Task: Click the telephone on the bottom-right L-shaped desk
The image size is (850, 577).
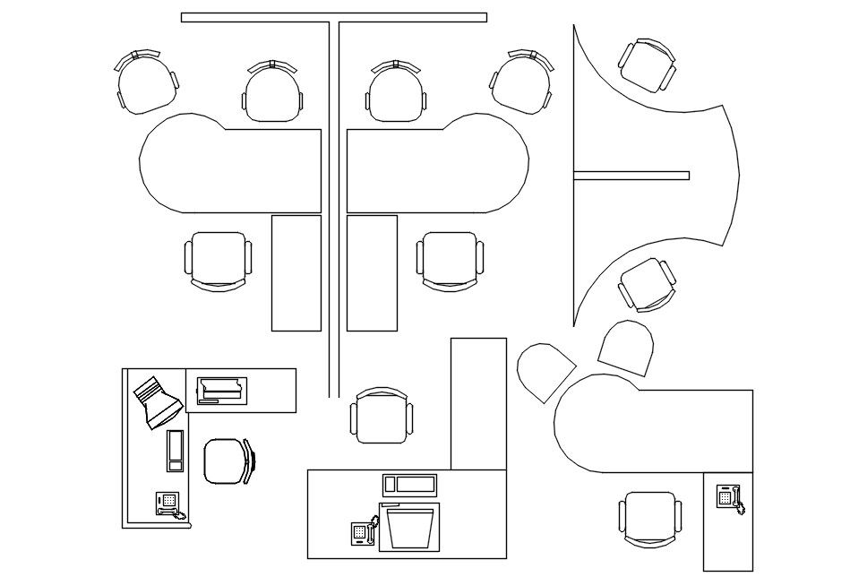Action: [729, 496]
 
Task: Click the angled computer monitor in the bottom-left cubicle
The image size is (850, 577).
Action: [158, 400]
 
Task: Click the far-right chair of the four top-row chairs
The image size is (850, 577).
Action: [522, 82]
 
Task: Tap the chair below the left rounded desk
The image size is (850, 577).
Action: [218, 260]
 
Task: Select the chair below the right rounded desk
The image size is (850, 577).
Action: [450, 261]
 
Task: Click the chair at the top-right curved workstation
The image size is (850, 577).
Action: [647, 65]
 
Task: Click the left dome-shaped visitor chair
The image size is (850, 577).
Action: [545, 371]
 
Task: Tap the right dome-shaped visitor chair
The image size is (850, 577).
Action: [628, 350]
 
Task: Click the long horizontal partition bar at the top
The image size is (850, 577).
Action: [333, 17]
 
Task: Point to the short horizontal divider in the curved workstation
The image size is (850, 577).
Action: [631, 175]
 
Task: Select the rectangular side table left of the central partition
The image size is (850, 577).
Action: [296, 272]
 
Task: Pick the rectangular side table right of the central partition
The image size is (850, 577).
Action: [372, 272]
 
